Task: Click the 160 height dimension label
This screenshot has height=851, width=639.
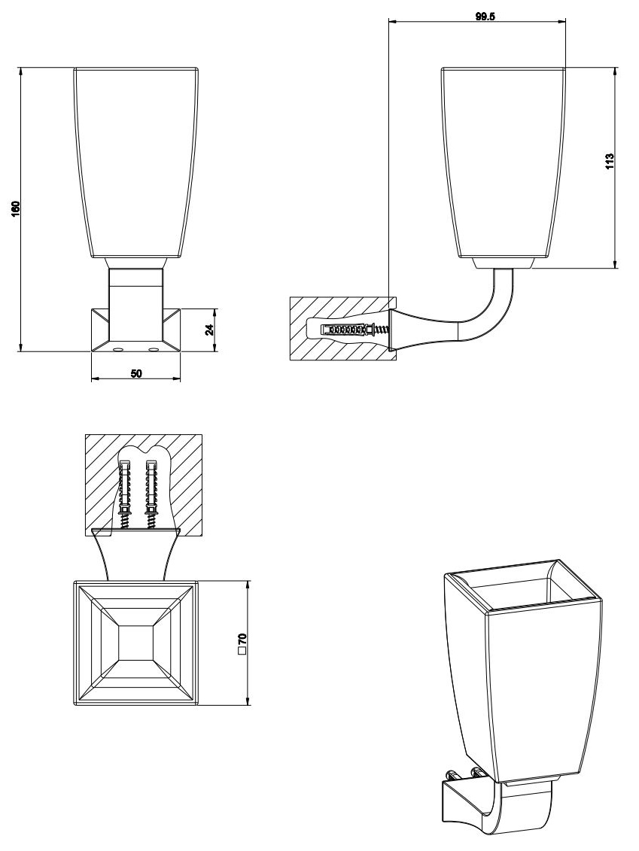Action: click(x=15, y=208)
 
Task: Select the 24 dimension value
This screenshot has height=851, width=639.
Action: click(x=209, y=329)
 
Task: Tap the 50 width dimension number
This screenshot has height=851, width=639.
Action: click(x=136, y=373)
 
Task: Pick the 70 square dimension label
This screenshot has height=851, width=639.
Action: click(x=242, y=639)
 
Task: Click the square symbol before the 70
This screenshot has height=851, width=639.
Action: click(x=242, y=653)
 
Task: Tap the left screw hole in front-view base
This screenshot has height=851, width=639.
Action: click(x=118, y=350)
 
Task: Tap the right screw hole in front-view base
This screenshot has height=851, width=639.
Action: click(x=154, y=350)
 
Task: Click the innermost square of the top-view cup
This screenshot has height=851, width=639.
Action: click(x=135, y=643)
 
